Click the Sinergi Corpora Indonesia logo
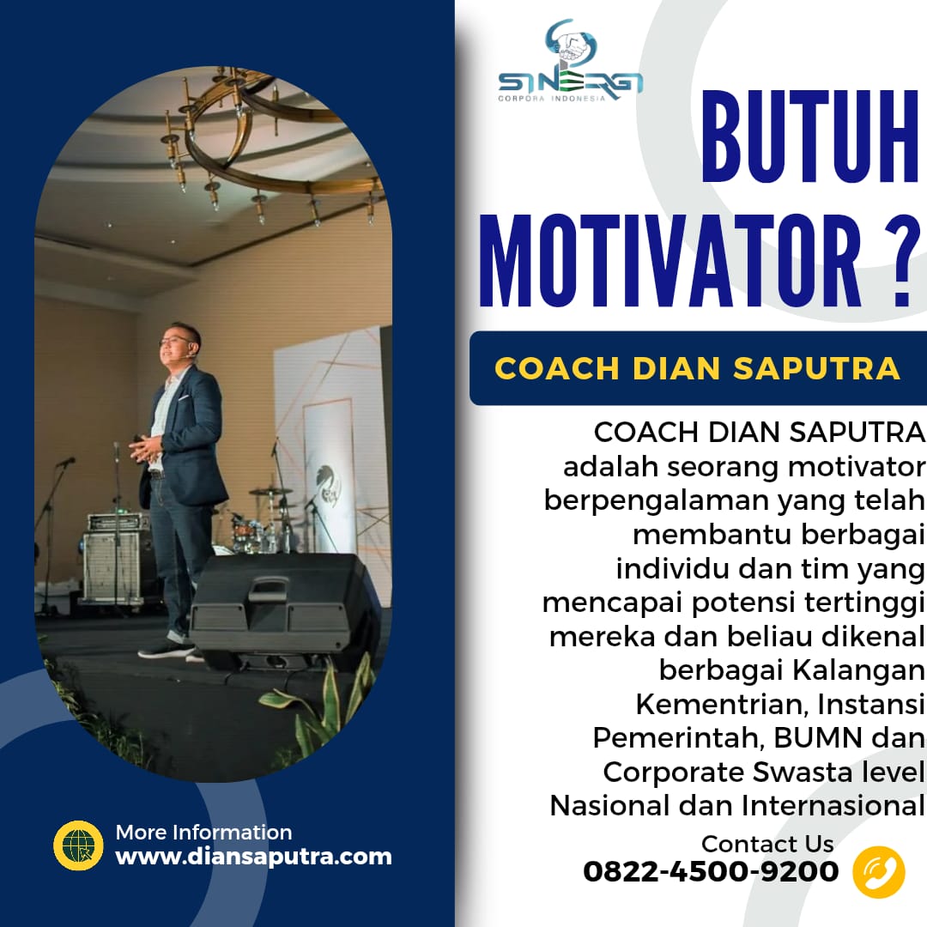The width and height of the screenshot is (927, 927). [x=571, y=61]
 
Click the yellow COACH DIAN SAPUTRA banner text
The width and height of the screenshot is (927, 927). [x=698, y=368]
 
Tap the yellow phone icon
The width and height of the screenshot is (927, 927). [x=879, y=872]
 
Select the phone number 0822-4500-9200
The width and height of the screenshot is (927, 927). [x=711, y=871]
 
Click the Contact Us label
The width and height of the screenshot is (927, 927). [x=767, y=844]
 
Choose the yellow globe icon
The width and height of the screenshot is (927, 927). [x=78, y=845]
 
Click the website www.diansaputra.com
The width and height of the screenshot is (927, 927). [x=253, y=857]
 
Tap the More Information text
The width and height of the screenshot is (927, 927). [x=203, y=833]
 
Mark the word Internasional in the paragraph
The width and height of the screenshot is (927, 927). [x=833, y=806]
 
